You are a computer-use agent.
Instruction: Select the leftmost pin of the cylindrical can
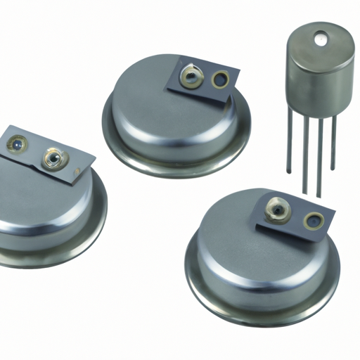click(x=289, y=144)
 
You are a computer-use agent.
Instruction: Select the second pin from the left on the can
click(x=304, y=158)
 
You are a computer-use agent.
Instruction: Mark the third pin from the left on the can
click(x=320, y=162)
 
